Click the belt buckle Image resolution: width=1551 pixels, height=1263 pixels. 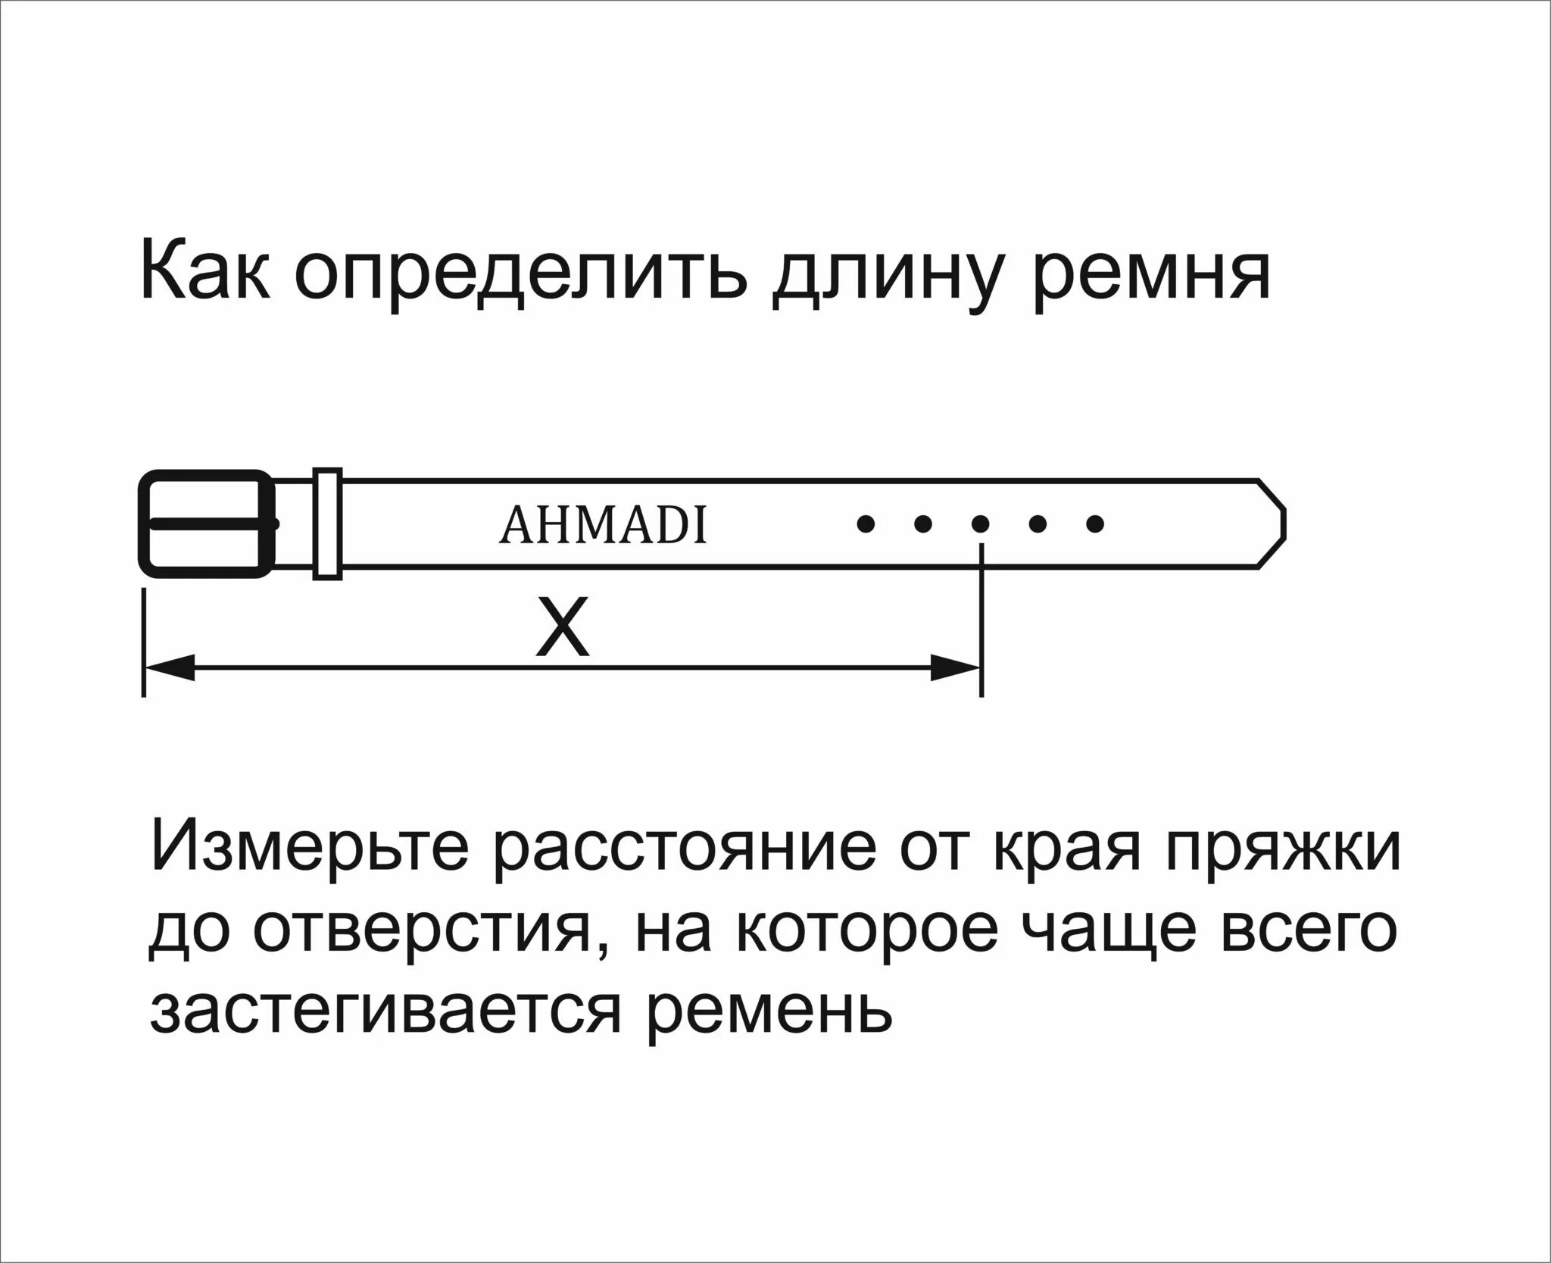pyautogui.click(x=206, y=524)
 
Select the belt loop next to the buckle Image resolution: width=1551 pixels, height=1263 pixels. pyautogui.click(x=327, y=524)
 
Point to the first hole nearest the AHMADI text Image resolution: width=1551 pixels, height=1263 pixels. pyautogui.click(x=863, y=523)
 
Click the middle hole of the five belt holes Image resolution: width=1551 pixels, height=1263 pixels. pyautogui.click(x=980, y=523)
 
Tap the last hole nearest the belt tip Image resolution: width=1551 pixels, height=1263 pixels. pyautogui.click(x=1095, y=523)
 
